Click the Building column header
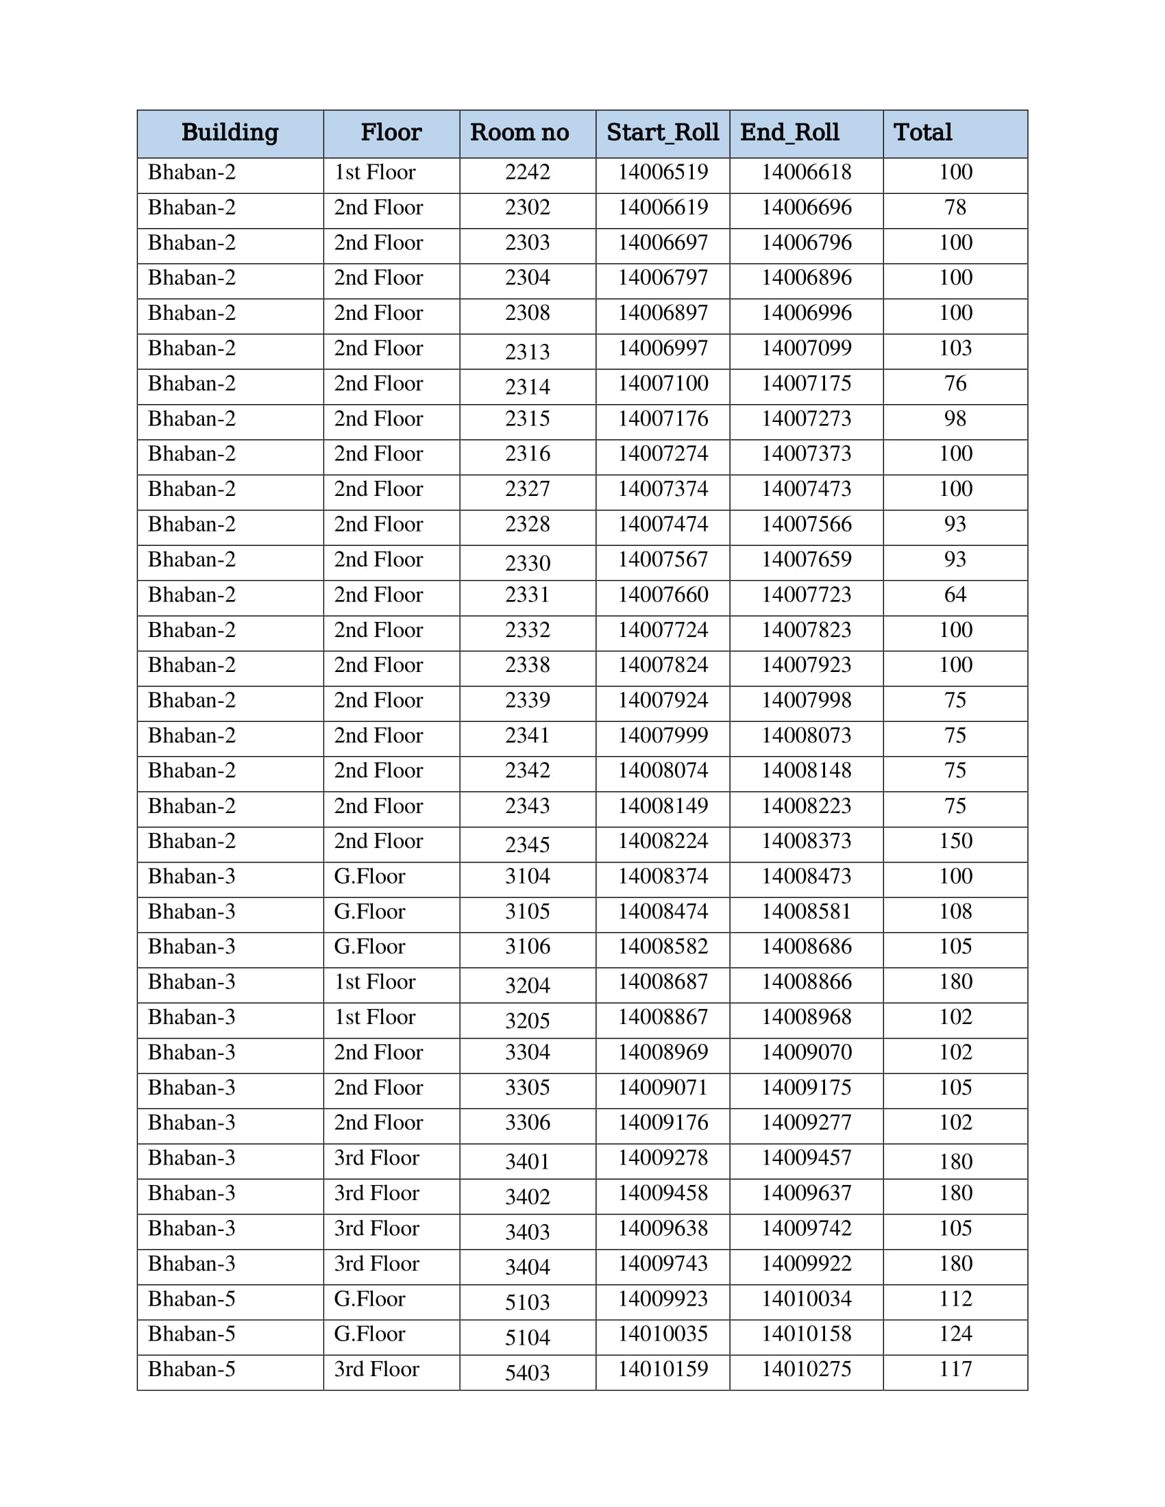click(230, 132)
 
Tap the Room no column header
click(519, 132)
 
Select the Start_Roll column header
click(663, 132)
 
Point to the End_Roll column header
click(789, 132)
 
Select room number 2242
click(527, 173)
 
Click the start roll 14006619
click(663, 208)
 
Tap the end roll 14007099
click(806, 349)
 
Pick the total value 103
click(955, 349)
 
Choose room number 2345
click(527, 845)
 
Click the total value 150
click(955, 841)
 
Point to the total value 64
click(955, 595)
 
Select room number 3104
click(527, 876)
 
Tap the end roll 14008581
click(806, 912)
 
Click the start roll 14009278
click(663, 1158)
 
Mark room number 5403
click(527, 1373)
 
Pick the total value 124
click(955, 1334)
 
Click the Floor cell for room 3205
click(375, 1017)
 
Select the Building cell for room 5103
click(192, 1299)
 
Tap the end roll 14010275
click(806, 1369)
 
